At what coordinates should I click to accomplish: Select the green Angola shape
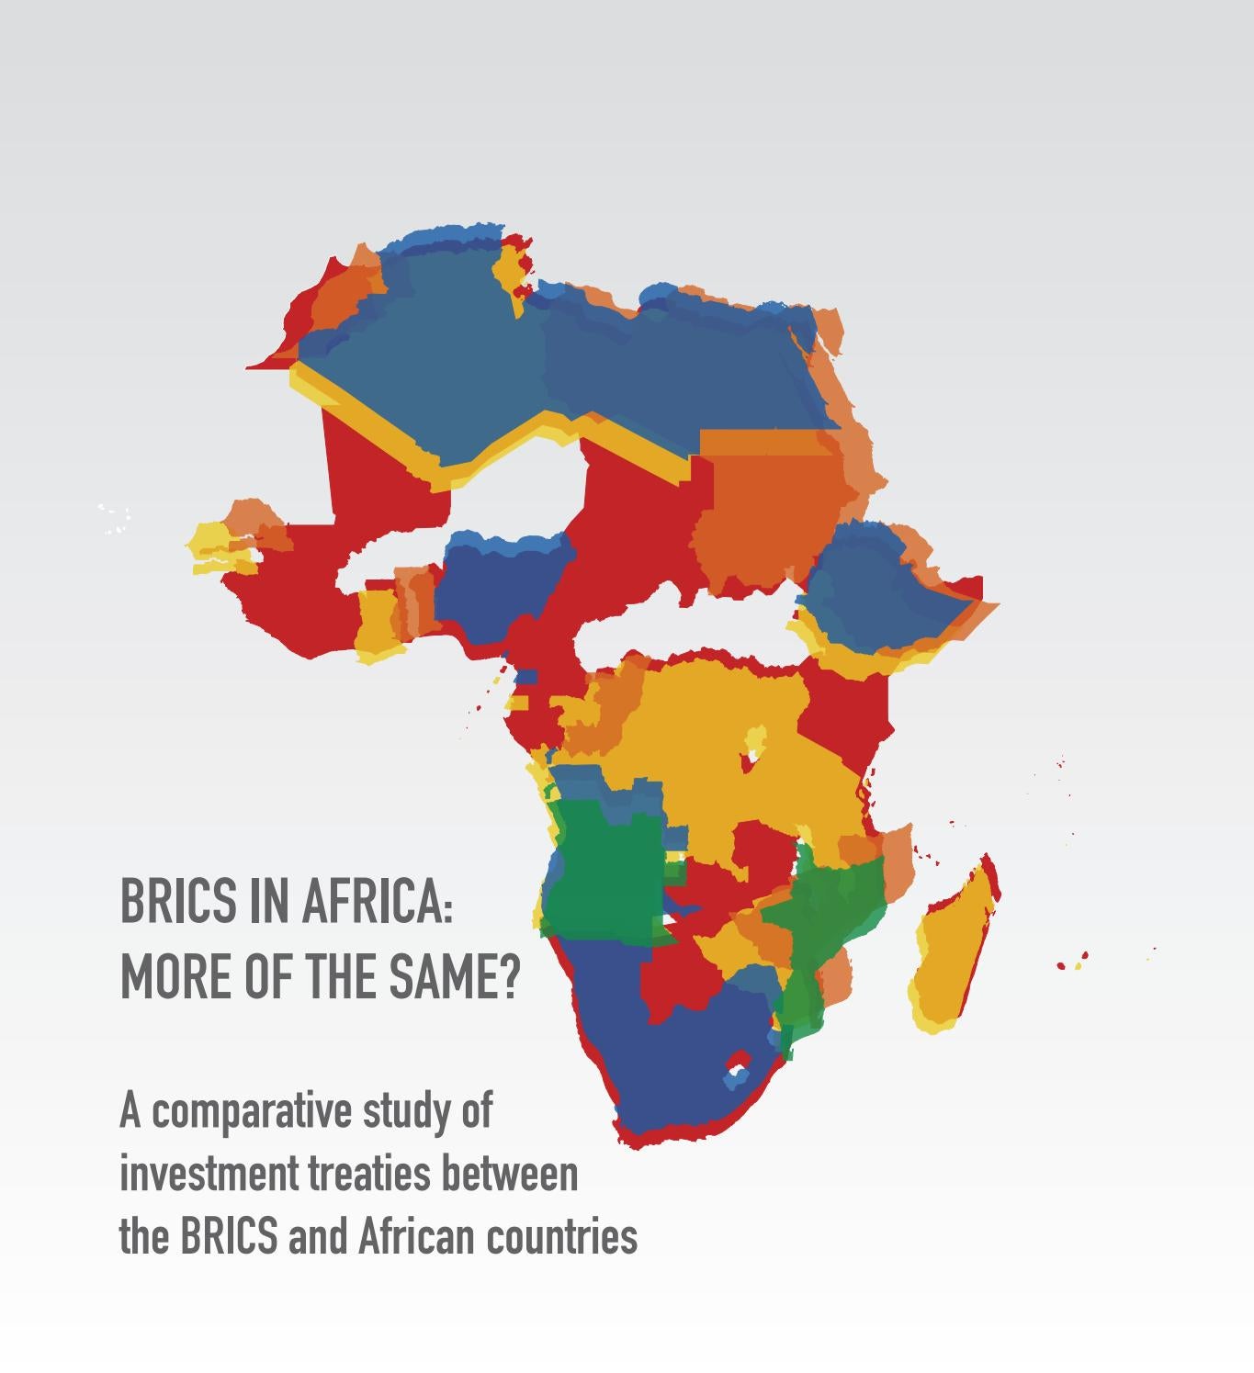(x=602, y=872)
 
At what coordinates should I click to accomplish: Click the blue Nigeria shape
(x=496, y=588)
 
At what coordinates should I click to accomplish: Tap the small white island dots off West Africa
(x=114, y=519)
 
